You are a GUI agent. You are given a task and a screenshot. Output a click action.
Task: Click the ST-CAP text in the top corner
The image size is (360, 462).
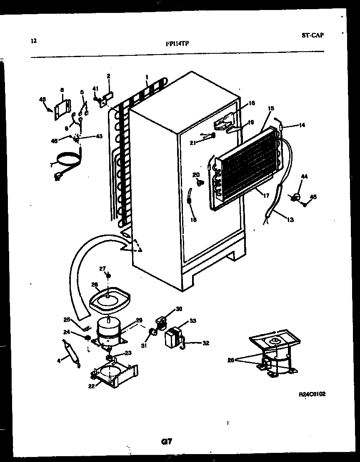click(x=312, y=35)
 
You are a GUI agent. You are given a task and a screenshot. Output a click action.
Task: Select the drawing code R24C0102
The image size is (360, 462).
click(x=312, y=394)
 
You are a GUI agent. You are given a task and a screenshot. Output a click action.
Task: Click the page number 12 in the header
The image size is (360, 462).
click(x=34, y=41)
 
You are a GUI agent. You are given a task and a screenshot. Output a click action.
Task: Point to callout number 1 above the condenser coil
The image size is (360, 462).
click(x=147, y=77)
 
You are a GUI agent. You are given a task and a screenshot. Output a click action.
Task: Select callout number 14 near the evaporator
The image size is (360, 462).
click(x=301, y=125)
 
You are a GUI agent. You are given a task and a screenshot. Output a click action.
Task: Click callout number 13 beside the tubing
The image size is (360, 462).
click(x=290, y=220)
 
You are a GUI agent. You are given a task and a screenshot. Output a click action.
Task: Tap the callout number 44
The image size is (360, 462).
click(x=304, y=177)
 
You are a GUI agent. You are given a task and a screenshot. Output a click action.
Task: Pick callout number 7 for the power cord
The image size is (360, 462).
click(x=52, y=165)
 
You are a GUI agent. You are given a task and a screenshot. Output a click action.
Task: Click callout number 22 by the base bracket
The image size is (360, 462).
click(x=91, y=386)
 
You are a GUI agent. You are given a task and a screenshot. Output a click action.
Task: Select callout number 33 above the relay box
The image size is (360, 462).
click(x=193, y=321)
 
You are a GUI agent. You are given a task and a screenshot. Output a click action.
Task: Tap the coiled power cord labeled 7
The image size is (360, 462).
click(x=69, y=160)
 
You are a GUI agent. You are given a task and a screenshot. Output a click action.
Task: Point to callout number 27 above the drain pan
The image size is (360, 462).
click(x=102, y=268)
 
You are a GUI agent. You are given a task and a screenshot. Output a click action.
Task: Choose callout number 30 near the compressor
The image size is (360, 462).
click(x=179, y=309)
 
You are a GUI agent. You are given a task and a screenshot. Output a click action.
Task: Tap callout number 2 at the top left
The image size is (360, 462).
click(x=108, y=76)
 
